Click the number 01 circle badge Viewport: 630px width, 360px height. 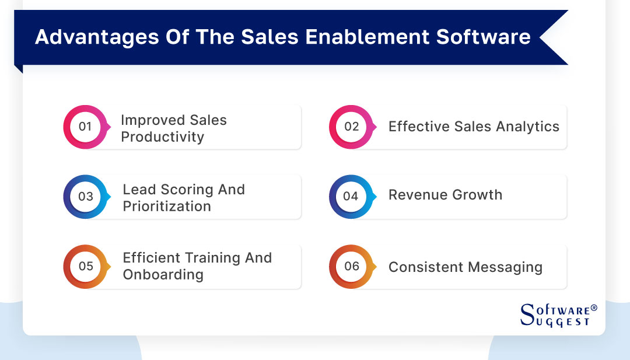(85, 127)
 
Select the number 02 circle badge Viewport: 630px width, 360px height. (351, 127)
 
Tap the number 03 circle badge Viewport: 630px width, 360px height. (85, 197)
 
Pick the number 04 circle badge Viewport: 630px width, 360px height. (351, 197)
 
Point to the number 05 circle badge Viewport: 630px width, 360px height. (85, 266)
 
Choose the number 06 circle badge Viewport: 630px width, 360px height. (351, 266)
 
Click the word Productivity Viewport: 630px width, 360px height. (162, 137)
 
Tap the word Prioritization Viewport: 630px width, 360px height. (167, 207)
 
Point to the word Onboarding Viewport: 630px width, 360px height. (163, 275)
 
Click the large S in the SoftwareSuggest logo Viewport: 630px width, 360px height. (527, 314)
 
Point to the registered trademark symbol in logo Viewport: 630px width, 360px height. (593, 307)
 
